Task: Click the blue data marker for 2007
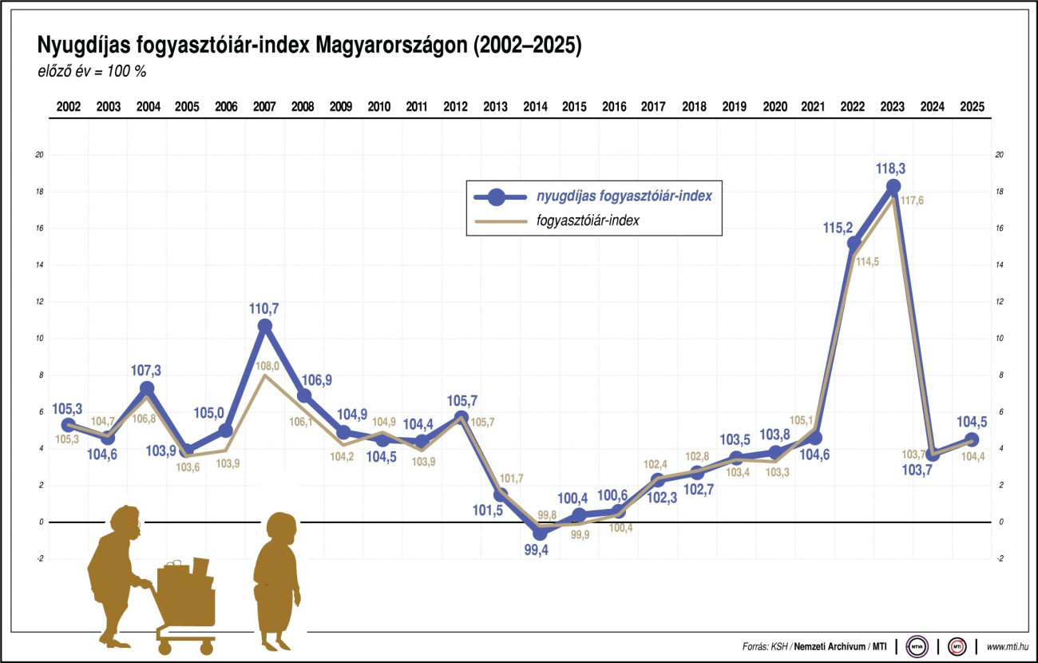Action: pos(265,326)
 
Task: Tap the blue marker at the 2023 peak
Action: pos(893,187)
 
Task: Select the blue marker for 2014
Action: pos(540,533)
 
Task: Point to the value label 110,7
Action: pos(264,308)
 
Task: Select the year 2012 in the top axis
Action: pos(455,107)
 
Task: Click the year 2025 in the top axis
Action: pos(972,107)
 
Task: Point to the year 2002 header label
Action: pos(68,107)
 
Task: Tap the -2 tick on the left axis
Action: pos(39,558)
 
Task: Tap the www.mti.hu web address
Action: pos(1008,645)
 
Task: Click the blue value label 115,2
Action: pos(839,228)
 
